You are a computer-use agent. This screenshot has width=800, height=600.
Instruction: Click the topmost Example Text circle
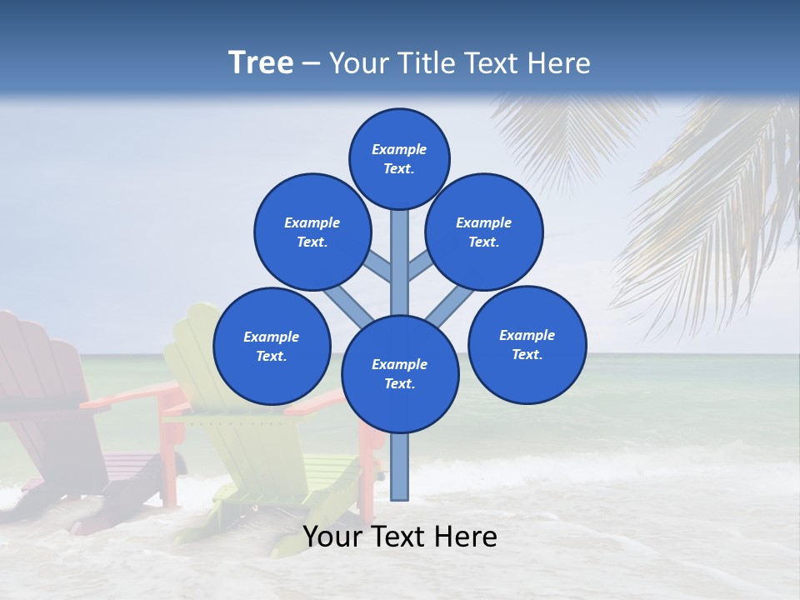(x=399, y=158)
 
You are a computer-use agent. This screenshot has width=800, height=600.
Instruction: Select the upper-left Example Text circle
(x=312, y=232)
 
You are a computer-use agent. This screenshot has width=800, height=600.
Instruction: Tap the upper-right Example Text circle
(x=484, y=232)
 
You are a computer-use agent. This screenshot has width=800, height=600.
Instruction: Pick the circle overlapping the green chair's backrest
(x=272, y=346)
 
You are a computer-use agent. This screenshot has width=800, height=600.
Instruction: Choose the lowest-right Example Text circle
(x=527, y=344)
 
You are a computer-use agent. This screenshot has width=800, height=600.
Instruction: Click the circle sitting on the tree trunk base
(x=400, y=374)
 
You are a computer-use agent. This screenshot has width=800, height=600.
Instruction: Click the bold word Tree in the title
(x=261, y=62)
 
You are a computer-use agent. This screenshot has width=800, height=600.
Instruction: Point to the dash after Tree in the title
(x=311, y=63)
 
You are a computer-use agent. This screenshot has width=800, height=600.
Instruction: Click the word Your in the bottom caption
(x=332, y=537)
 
